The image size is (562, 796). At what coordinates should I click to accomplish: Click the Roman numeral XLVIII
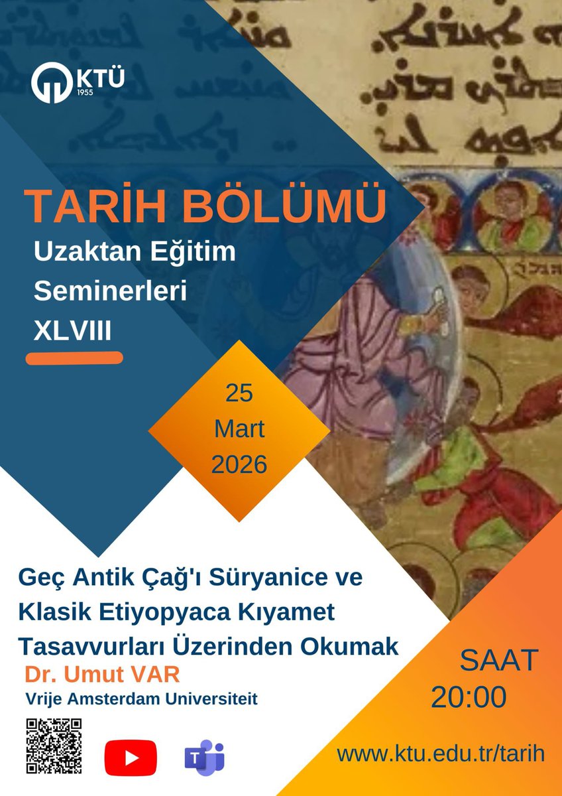(73, 330)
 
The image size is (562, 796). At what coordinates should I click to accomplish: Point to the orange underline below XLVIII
(74, 358)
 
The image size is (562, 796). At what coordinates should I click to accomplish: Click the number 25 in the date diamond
(239, 393)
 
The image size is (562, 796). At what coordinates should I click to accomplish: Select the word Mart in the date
(239, 429)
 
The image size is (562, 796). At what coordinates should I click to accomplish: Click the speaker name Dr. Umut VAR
(103, 675)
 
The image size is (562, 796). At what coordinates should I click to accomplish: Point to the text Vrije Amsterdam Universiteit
(141, 698)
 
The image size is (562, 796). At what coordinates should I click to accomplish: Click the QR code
(54, 746)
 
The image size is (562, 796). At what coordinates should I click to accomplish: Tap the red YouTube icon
(131, 758)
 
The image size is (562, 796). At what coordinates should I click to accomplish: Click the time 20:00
(469, 697)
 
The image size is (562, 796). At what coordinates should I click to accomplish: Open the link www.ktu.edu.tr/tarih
(440, 754)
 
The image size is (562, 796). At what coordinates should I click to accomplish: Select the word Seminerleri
(110, 291)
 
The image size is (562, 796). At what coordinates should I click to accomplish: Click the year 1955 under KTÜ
(83, 93)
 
